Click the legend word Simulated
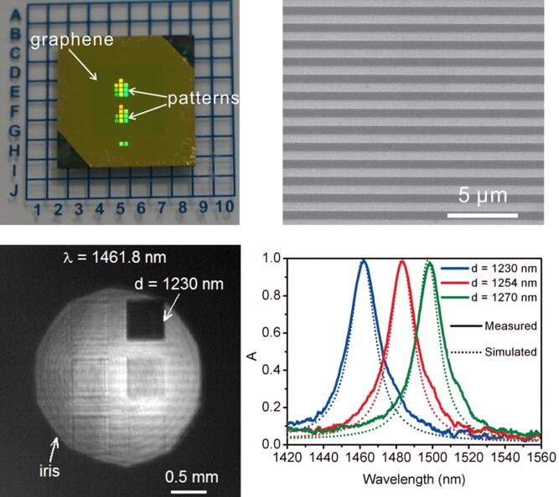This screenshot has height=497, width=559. (510, 352)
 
